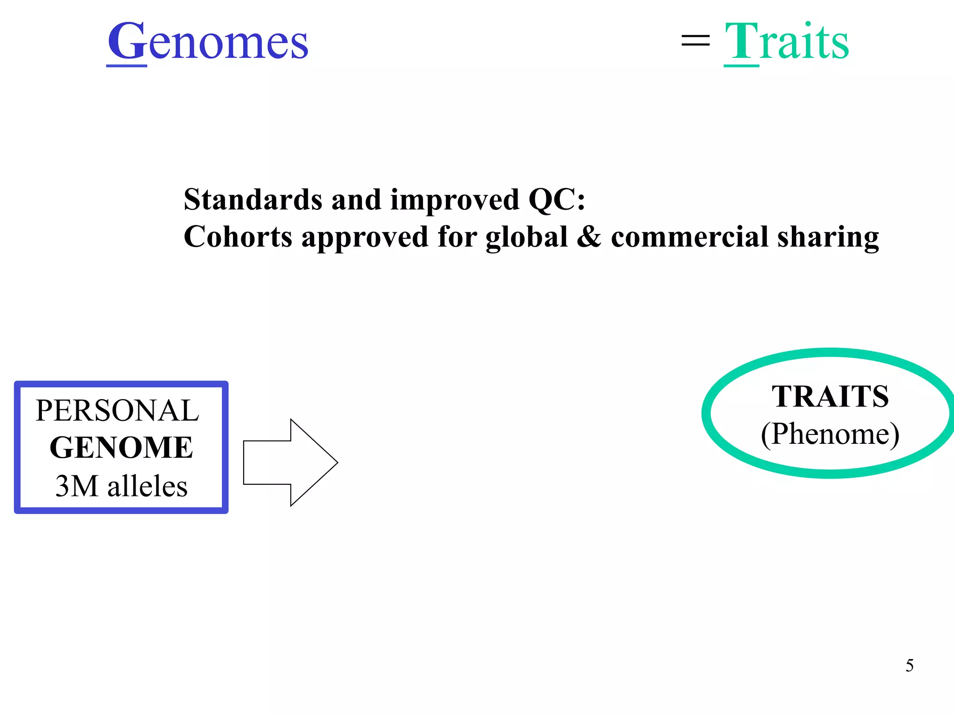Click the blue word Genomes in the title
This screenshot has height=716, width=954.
[x=208, y=42]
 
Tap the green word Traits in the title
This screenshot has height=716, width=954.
[x=787, y=42]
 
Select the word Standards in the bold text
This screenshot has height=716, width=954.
[x=253, y=200]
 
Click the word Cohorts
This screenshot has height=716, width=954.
[x=238, y=236]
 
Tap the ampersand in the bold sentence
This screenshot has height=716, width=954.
[x=589, y=236]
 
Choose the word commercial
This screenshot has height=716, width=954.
[x=689, y=236]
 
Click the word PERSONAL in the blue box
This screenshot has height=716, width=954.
[x=117, y=411]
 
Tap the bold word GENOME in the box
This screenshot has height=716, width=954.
[x=121, y=448]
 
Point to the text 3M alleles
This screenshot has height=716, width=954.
[x=121, y=486]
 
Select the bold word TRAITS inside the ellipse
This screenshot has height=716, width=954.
[x=830, y=397]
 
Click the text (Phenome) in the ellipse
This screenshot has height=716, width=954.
[x=830, y=434]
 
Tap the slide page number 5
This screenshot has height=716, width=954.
[x=909, y=665]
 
